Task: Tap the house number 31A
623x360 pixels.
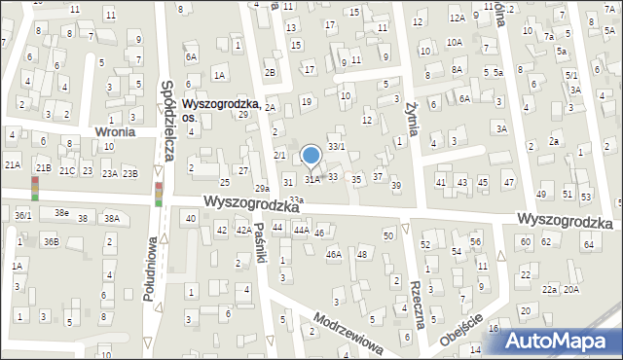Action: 311,179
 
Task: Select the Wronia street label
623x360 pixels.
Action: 114,131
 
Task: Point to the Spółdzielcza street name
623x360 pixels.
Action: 167,120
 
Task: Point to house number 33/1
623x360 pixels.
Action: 336,146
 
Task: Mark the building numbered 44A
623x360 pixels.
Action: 302,230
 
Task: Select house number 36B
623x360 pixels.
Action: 50,241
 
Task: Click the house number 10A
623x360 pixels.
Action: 454,42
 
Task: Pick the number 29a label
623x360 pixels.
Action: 262,188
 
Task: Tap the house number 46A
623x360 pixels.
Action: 334,254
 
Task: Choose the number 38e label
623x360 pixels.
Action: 61,212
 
